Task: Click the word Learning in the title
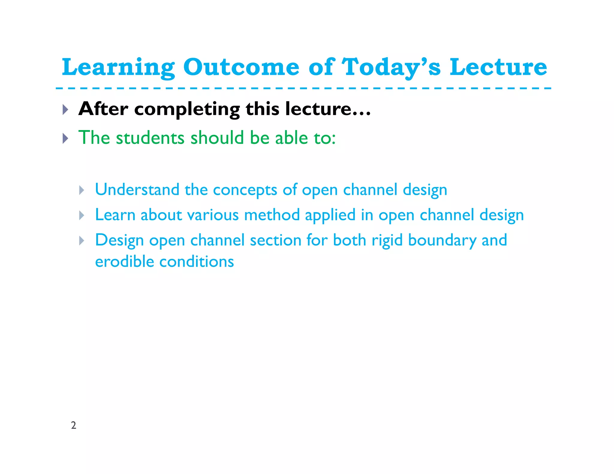[x=118, y=68]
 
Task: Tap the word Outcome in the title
[x=241, y=67]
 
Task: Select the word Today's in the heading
[x=391, y=68]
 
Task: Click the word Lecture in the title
[x=498, y=67]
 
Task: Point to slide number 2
[x=73, y=425]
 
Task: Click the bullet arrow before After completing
[x=65, y=110]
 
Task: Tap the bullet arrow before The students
[x=65, y=138]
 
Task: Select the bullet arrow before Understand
[x=82, y=190]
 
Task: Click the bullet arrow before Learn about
[x=82, y=215]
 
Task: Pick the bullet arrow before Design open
[x=82, y=241]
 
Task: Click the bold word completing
[x=187, y=110]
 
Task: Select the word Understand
[x=137, y=190]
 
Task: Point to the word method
[x=272, y=215]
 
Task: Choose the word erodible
[x=124, y=262]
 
